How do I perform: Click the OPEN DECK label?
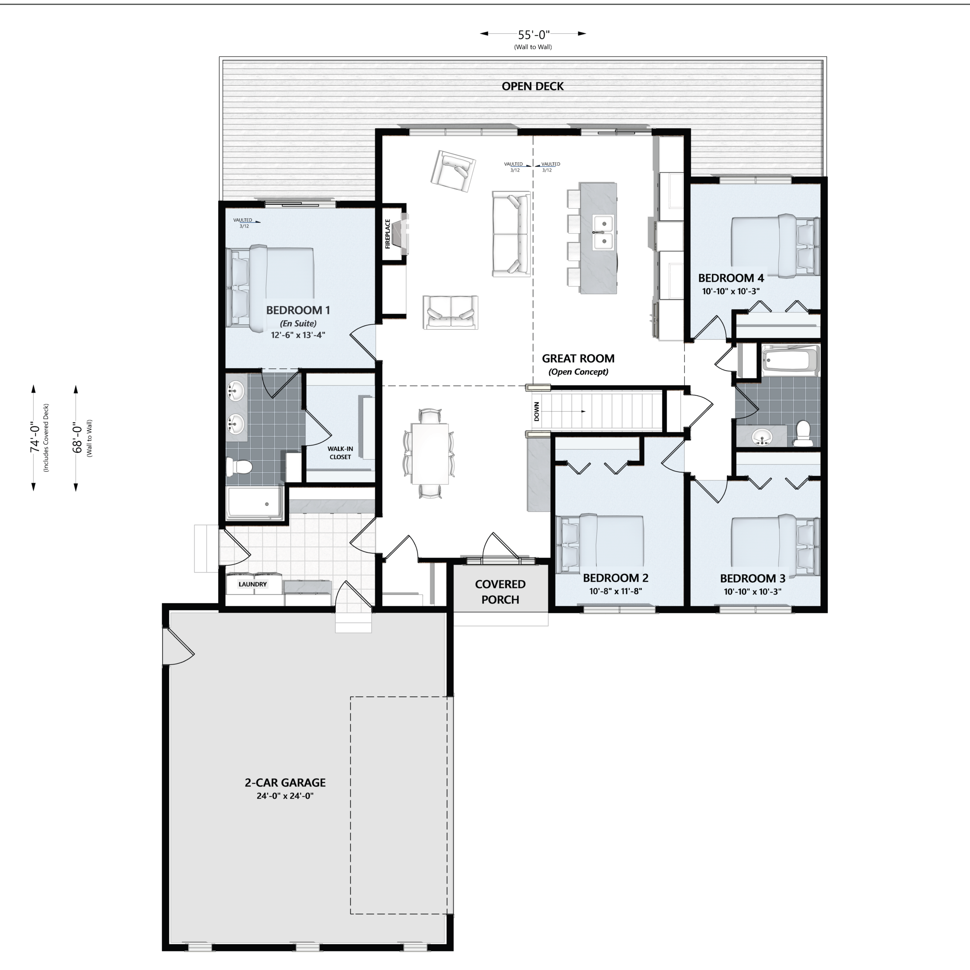[533, 86]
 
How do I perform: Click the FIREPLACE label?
[388, 233]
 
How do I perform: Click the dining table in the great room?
[430, 454]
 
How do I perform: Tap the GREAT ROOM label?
[578, 358]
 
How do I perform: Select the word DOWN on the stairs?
[537, 412]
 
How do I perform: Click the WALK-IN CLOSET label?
[340, 453]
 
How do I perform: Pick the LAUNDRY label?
[253, 584]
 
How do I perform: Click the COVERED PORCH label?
[500, 592]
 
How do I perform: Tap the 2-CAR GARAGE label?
[285, 782]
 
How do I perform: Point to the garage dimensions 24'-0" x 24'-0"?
[285, 796]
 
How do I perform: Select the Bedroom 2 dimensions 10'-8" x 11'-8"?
[616, 591]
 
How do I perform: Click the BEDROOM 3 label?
[753, 578]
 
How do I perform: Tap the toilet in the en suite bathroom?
[238, 467]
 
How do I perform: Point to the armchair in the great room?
[453, 171]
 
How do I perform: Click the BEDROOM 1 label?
[298, 310]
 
